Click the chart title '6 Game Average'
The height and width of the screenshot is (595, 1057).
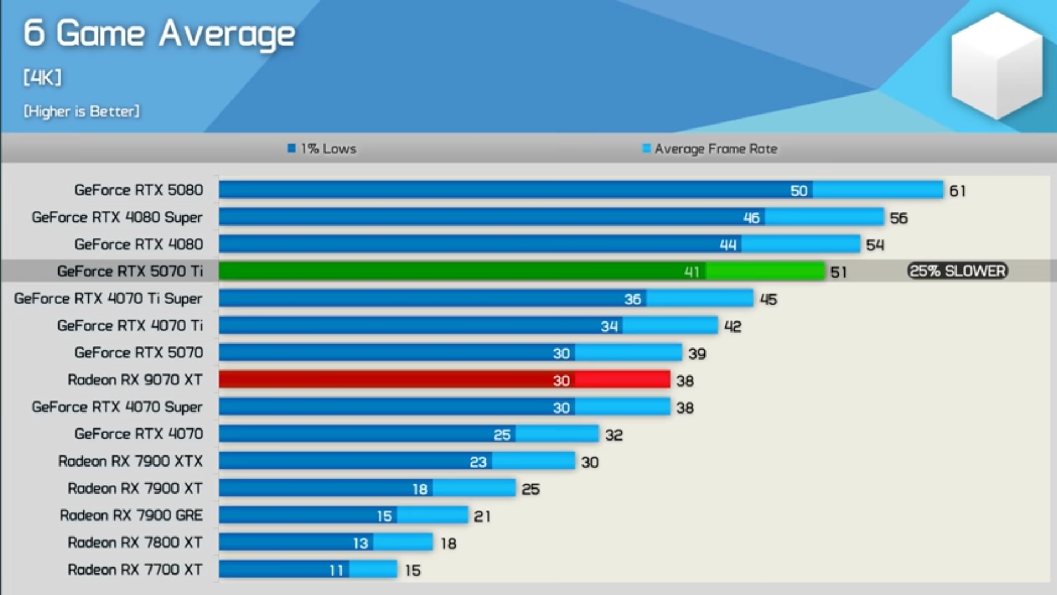pos(159,34)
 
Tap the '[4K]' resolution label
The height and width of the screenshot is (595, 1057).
pos(42,77)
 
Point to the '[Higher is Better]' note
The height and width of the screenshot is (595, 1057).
pos(82,111)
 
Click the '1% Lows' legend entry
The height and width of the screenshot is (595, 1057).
pos(322,149)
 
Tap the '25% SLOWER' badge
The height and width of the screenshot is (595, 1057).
pos(957,271)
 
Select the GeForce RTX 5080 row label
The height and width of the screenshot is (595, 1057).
pos(139,190)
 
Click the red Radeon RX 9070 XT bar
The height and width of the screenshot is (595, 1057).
pos(444,380)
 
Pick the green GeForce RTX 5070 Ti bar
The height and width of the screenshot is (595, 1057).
pos(521,271)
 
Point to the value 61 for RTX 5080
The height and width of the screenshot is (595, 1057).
pos(957,191)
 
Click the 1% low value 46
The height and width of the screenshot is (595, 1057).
pos(751,218)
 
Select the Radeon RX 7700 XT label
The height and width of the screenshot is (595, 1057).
pos(135,570)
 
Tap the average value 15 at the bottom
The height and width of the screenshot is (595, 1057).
pos(413,571)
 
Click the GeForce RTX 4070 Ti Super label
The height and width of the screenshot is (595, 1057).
pos(109,299)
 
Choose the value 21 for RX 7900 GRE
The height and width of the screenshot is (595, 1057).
pos(482,517)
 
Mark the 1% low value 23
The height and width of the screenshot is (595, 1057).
pos(478,462)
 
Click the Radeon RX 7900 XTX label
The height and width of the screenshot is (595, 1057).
pos(131,461)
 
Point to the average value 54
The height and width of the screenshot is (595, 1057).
pos(875,245)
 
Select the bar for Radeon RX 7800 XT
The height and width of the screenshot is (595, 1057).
pos(325,543)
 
